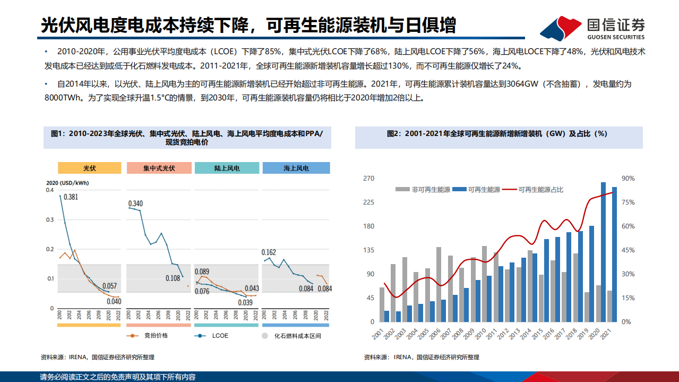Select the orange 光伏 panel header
click(x=89, y=168)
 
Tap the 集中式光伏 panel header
click(x=159, y=168)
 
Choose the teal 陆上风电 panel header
click(x=227, y=168)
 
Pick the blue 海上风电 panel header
click(x=296, y=168)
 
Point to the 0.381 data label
click(x=71, y=197)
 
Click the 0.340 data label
click(x=135, y=203)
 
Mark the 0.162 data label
click(x=269, y=252)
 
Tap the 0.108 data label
click(x=173, y=278)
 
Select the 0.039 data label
click(x=245, y=302)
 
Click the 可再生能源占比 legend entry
click(x=540, y=189)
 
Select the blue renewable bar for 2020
click(x=604, y=252)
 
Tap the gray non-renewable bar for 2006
click(x=439, y=284)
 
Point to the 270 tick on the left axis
click(x=368, y=179)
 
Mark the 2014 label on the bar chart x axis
click(x=527, y=333)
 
